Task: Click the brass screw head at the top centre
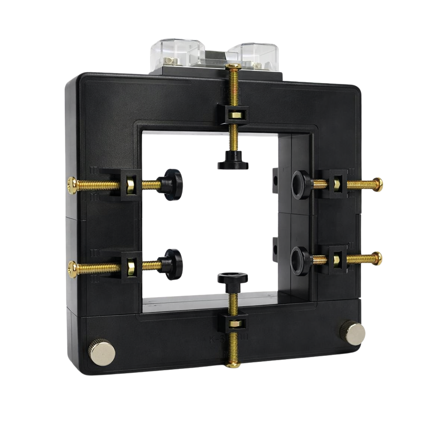pyautogui.click(x=233, y=66)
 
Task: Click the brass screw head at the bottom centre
pyautogui.click(x=233, y=364)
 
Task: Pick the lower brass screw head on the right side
pyautogui.click(x=378, y=259)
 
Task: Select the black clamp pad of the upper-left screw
pyautogui.click(x=171, y=185)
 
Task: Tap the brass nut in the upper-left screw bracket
pyautogui.click(x=130, y=186)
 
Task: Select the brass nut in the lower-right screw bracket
pyautogui.click(x=337, y=259)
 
